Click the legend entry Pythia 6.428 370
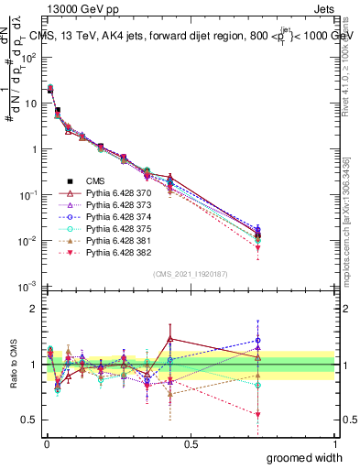pos(115,194)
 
